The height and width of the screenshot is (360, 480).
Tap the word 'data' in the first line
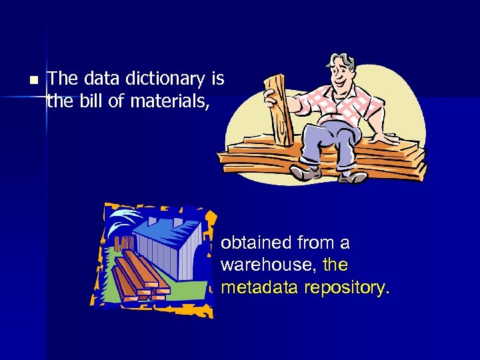pyautogui.click(x=101, y=79)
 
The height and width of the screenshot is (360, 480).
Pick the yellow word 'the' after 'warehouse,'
pyautogui.click(x=335, y=265)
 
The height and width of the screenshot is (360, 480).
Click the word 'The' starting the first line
pyautogui.click(x=63, y=79)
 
